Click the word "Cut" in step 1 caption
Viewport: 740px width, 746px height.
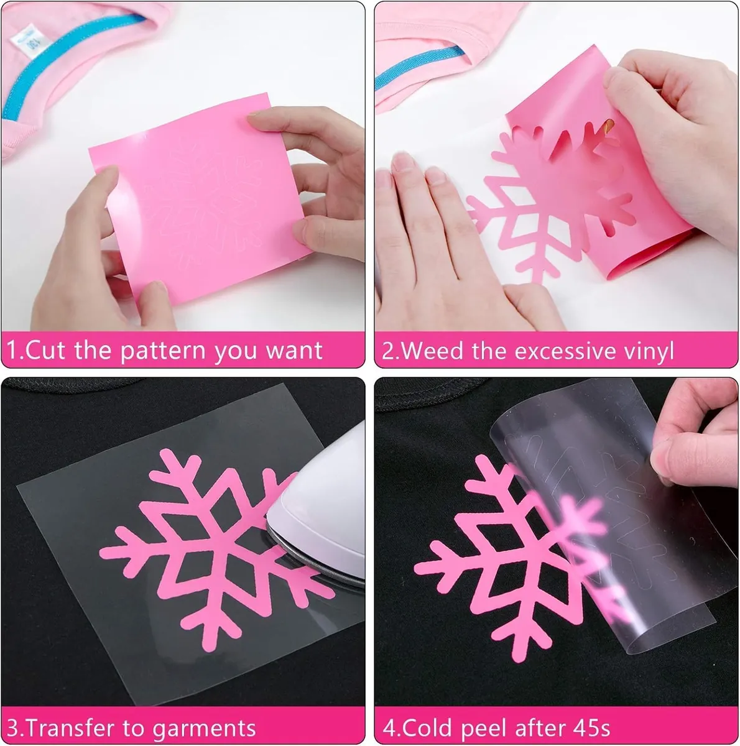[x=45, y=351]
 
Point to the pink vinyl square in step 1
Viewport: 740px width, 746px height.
[x=200, y=198]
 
